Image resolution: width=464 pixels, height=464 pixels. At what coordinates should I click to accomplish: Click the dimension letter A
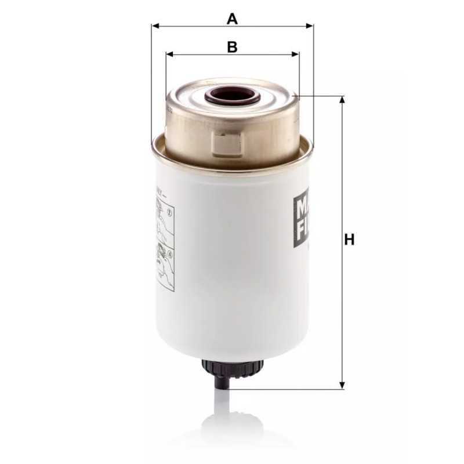point(232,19)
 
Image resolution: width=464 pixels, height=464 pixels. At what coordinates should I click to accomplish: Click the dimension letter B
point(232,47)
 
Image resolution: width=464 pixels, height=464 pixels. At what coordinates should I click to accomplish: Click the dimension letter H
point(349,240)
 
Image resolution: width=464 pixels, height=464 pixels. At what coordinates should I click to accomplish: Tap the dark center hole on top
point(234,94)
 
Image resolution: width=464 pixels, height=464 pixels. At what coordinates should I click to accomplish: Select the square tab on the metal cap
point(227,143)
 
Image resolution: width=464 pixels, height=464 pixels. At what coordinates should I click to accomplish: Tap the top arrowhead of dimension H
point(342,100)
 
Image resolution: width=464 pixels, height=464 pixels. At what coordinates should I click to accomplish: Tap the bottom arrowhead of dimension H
point(342,385)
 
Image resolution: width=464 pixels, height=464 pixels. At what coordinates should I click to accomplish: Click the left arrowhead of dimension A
point(155,26)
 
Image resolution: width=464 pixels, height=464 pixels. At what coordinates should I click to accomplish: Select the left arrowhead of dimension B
point(169,55)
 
